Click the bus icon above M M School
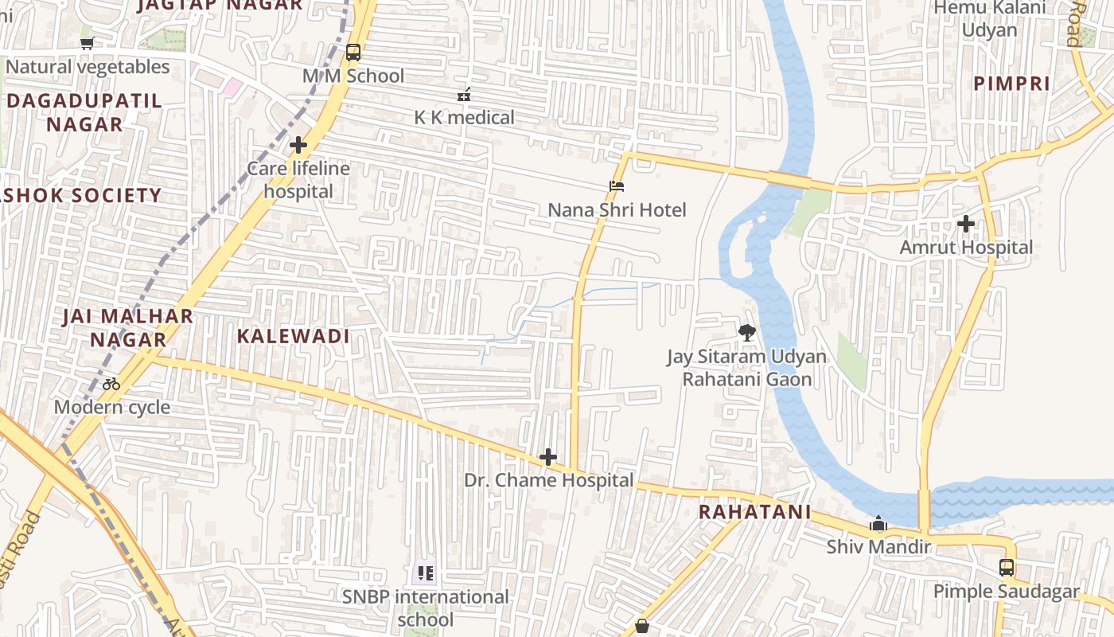353,53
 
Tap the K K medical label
464,118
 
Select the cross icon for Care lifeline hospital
298,146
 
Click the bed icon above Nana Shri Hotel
617,187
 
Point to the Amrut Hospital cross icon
966,225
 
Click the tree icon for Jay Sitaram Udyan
746,333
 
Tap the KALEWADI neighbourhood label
293,336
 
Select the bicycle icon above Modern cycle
111,384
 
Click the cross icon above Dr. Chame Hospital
548,457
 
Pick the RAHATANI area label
754,512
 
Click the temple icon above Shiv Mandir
878,524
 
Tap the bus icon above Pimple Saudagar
1007,568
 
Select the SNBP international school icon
426,573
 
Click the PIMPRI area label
1011,84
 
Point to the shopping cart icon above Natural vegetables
88,44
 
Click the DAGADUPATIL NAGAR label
84,112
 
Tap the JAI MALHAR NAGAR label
128,327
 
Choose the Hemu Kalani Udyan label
989,18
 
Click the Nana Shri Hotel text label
617,210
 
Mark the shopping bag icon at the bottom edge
642,627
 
